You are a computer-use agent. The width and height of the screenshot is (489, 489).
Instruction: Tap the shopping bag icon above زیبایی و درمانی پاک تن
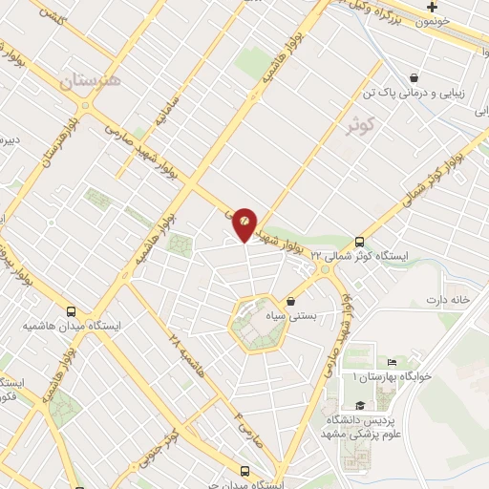413,77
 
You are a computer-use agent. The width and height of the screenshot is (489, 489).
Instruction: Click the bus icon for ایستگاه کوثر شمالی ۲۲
359,242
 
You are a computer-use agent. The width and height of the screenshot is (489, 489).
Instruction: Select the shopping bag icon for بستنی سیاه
290,302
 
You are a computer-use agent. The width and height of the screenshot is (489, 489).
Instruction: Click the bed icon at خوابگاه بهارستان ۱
392,363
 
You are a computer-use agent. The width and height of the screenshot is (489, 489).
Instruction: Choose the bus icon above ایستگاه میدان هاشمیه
72,311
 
